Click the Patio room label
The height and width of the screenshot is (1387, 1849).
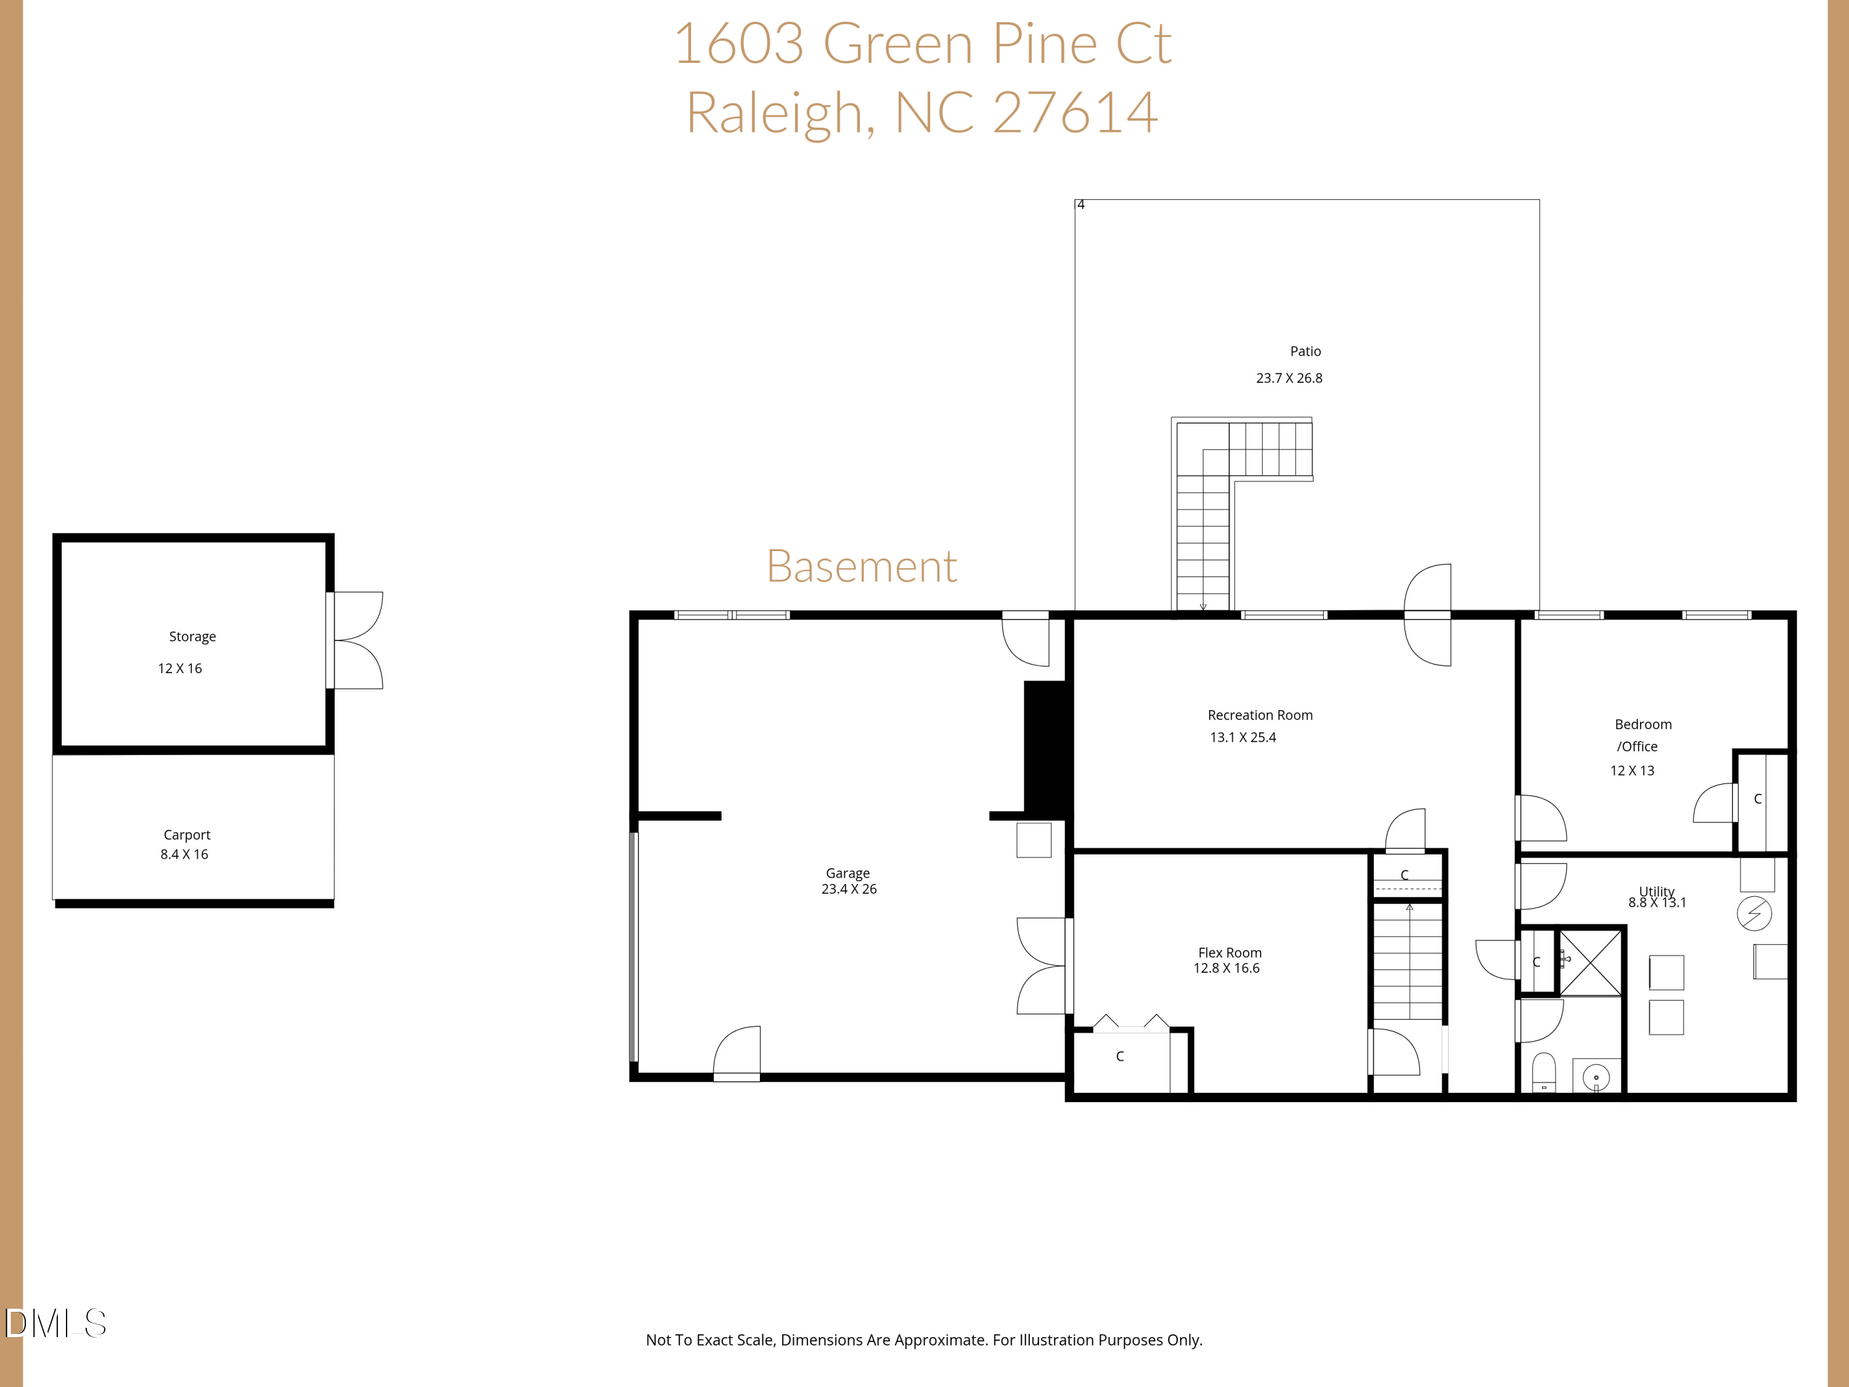point(1305,351)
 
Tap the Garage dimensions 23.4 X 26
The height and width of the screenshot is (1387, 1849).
point(849,889)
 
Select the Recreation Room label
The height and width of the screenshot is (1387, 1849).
point(1260,715)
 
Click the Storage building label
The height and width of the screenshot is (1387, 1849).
point(192,636)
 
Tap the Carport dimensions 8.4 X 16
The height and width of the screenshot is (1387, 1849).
point(184,854)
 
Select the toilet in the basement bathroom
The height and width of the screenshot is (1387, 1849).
point(1543,1072)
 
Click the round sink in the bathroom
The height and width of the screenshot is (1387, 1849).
point(1596,1078)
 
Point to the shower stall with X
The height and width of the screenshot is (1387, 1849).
point(1590,962)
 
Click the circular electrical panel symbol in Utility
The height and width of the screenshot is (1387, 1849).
point(1753,913)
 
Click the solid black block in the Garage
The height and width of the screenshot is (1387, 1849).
point(1047,747)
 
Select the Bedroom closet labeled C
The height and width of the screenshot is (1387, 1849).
point(1757,800)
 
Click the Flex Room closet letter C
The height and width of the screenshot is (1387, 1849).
point(1119,1057)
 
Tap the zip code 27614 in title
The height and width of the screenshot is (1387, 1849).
point(1075,112)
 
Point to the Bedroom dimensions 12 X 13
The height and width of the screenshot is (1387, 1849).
point(1631,771)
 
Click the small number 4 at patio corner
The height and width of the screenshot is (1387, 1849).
point(1081,205)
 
